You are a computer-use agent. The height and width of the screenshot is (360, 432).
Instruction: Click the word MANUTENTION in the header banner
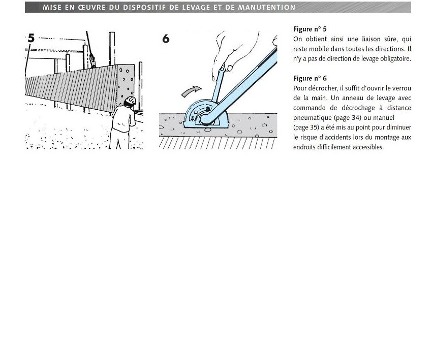(x=267, y=8)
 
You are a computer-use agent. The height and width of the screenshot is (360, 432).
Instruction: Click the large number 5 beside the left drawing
(x=31, y=38)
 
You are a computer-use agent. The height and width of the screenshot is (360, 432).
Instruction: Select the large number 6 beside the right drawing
(x=166, y=39)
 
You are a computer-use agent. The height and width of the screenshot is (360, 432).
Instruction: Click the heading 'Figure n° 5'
(x=310, y=29)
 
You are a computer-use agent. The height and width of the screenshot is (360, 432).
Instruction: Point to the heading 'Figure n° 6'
(x=310, y=78)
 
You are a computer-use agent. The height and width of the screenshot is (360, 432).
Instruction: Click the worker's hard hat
(x=130, y=101)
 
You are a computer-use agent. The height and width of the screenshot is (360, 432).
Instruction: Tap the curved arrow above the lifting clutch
(x=191, y=91)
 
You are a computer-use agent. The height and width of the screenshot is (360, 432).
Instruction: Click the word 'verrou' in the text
(x=402, y=88)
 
